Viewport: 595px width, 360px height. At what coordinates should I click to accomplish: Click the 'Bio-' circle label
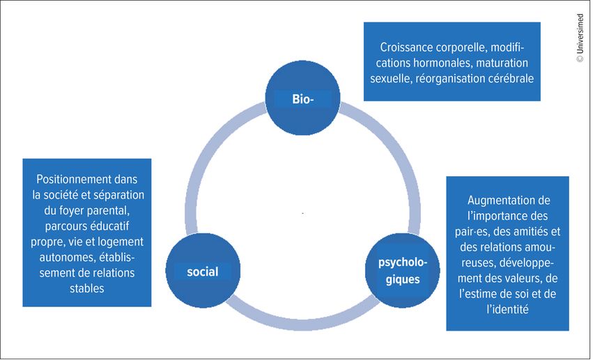[304, 100]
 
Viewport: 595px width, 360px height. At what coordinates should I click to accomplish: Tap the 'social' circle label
[202, 272]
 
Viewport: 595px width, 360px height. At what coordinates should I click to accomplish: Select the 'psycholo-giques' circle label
[403, 270]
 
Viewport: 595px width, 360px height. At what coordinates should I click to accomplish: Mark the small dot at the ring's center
[303, 212]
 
